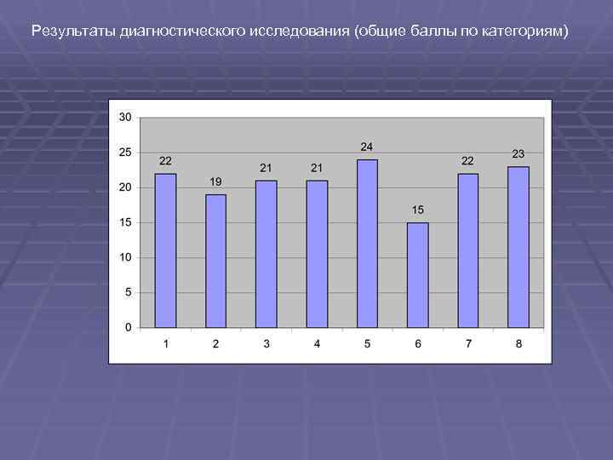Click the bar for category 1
tap(165, 250)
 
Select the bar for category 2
tap(215, 261)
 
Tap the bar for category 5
tap(367, 244)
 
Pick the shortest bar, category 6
tap(417, 275)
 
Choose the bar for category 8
tap(518, 247)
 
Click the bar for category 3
tap(266, 254)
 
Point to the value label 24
tap(367, 147)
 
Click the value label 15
tap(417, 210)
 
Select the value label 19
tap(215, 181)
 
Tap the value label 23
tap(518, 153)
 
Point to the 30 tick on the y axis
tap(125, 117)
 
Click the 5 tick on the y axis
tap(129, 292)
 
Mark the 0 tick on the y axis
tap(129, 327)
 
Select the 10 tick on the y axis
tap(125, 257)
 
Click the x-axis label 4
tap(317, 343)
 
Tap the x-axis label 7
tap(468, 343)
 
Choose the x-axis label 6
tap(418, 343)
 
